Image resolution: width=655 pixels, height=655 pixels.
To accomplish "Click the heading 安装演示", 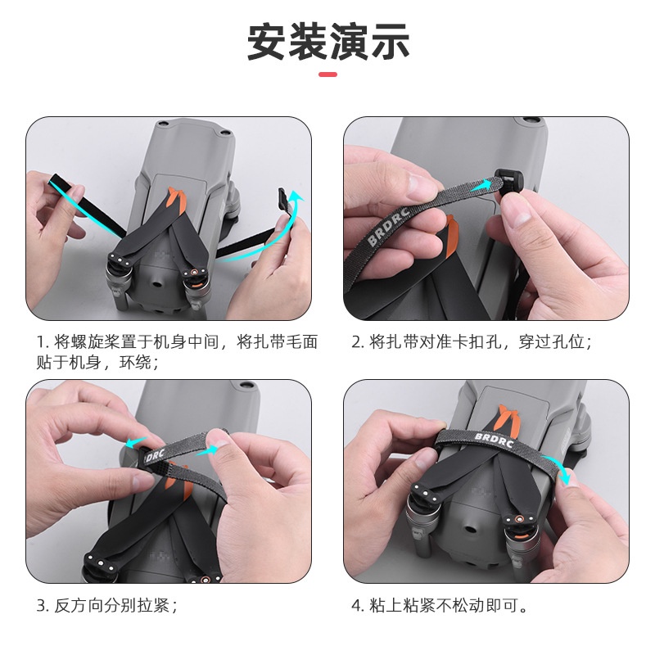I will pos(327,41).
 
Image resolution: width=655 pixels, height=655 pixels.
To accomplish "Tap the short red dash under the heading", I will pos(327,75).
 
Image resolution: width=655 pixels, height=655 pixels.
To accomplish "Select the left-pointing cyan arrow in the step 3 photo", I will pos(135,442).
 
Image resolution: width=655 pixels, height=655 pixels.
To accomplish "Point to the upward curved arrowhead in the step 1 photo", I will pos(297,197).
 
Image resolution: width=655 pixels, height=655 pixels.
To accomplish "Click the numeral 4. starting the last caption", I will pos(357,607).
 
